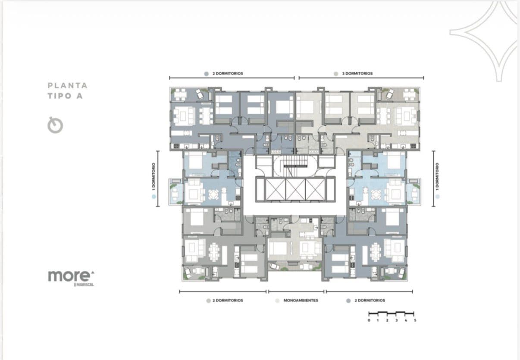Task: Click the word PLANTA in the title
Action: coord(68,85)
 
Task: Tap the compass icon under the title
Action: coord(55,125)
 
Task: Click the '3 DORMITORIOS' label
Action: coord(357,74)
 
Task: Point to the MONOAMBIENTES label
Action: coord(301,301)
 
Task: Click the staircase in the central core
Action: coord(295,166)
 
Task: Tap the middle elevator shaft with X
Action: coord(295,189)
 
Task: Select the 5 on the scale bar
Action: coord(415,320)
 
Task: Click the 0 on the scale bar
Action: coord(369,320)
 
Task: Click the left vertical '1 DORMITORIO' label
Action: coord(153,177)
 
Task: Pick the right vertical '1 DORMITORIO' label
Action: coord(437,177)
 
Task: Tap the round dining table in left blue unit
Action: coord(213,194)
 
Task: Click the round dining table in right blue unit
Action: coord(376,194)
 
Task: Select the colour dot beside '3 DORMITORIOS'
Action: coord(336,74)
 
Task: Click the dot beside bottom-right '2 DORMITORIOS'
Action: coord(348,301)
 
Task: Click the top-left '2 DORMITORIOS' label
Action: coord(228,74)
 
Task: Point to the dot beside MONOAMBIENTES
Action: coord(277,301)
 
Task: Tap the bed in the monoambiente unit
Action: coord(278,248)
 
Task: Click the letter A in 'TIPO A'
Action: coord(79,96)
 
